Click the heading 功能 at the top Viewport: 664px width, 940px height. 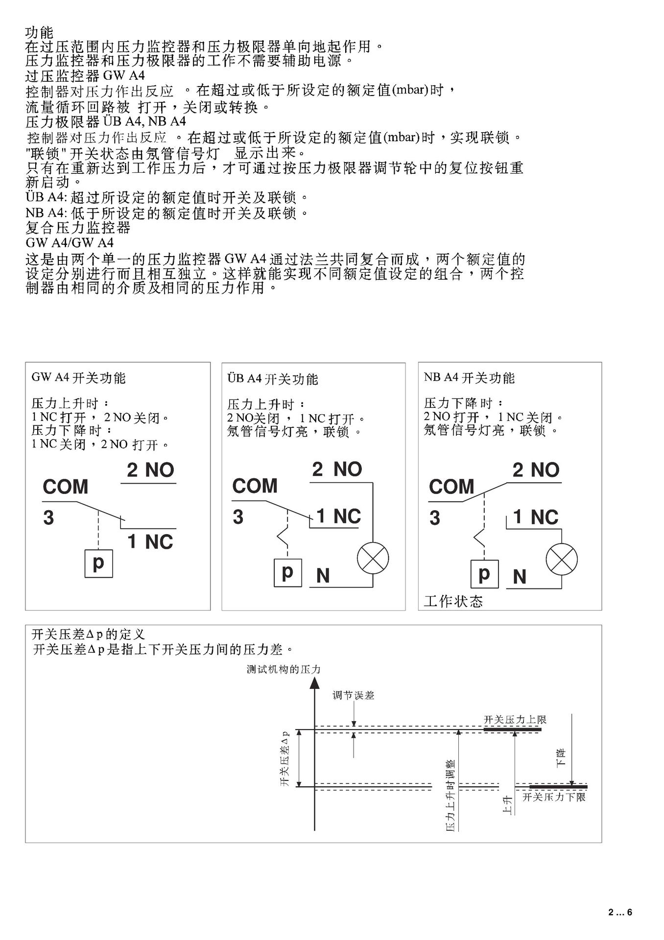(x=39, y=33)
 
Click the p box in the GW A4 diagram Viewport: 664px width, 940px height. (x=98, y=564)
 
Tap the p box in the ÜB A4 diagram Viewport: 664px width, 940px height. (x=287, y=572)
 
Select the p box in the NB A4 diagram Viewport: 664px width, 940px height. (x=484, y=573)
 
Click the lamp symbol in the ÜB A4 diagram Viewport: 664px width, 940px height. (x=373, y=559)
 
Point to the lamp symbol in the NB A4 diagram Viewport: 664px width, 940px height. (x=562, y=559)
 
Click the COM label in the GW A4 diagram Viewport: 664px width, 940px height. (x=66, y=487)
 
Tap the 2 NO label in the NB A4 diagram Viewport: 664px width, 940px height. (x=536, y=470)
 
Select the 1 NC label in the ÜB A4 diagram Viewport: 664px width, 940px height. (x=338, y=517)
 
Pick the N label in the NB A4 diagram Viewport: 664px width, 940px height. (x=520, y=577)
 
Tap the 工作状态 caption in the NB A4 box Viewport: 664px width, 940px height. (x=453, y=601)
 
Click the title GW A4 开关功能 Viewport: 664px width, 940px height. (x=78, y=378)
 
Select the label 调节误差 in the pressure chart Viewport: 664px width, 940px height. (x=353, y=695)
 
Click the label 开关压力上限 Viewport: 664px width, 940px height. (x=515, y=720)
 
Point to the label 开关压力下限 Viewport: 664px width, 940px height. (x=554, y=797)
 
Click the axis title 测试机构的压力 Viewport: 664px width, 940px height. (x=284, y=669)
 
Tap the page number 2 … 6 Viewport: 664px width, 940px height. (x=620, y=912)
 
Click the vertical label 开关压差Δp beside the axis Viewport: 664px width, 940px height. (x=285, y=759)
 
